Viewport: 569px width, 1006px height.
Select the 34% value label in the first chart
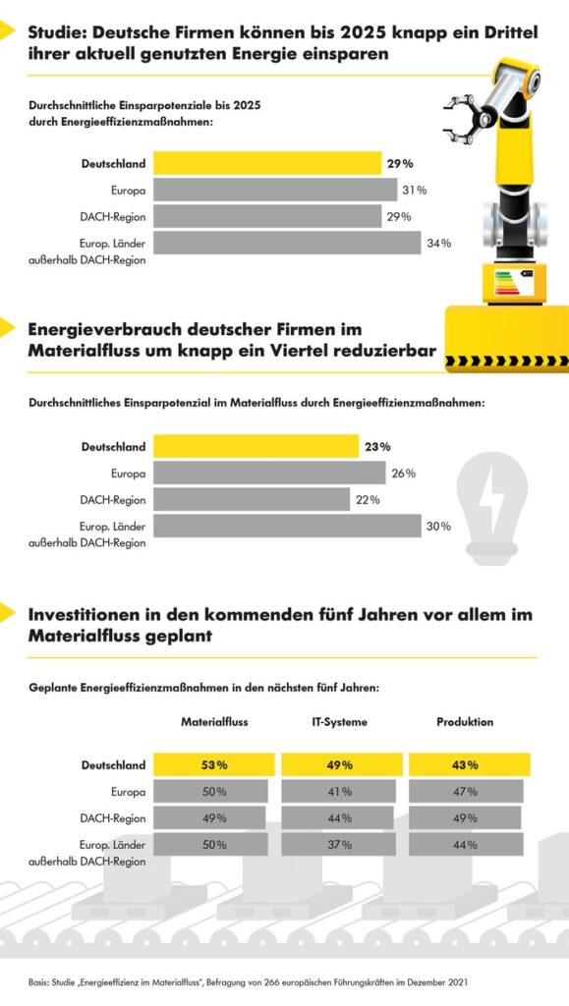pyautogui.click(x=438, y=244)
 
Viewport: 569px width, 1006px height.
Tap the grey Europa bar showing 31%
pyautogui.click(x=275, y=190)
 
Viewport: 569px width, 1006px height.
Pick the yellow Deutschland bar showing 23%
pyautogui.click(x=256, y=447)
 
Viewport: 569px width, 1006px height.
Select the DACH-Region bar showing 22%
pyautogui.click(x=252, y=499)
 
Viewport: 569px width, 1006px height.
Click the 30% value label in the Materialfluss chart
pyautogui.click(x=438, y=527)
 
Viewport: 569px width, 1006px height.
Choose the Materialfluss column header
pyautogui.click(x=214, y=722)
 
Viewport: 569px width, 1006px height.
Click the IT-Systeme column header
pyautogui.click(x=339, y=722)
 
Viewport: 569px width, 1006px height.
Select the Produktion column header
pyautogui.click(x=465, y=722)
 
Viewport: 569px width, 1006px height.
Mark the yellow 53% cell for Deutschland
pyautogui.click(x=214, y=764)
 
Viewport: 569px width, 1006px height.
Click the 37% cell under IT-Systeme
pyautogui.click(x=339, y=844)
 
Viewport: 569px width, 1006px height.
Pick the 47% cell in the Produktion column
pyautogui.click(x=466, y=791)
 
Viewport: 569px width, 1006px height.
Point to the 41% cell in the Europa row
pyautogui.click(x=339, y=791)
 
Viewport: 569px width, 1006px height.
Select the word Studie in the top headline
pyautogui.click(x=58, y=32)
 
